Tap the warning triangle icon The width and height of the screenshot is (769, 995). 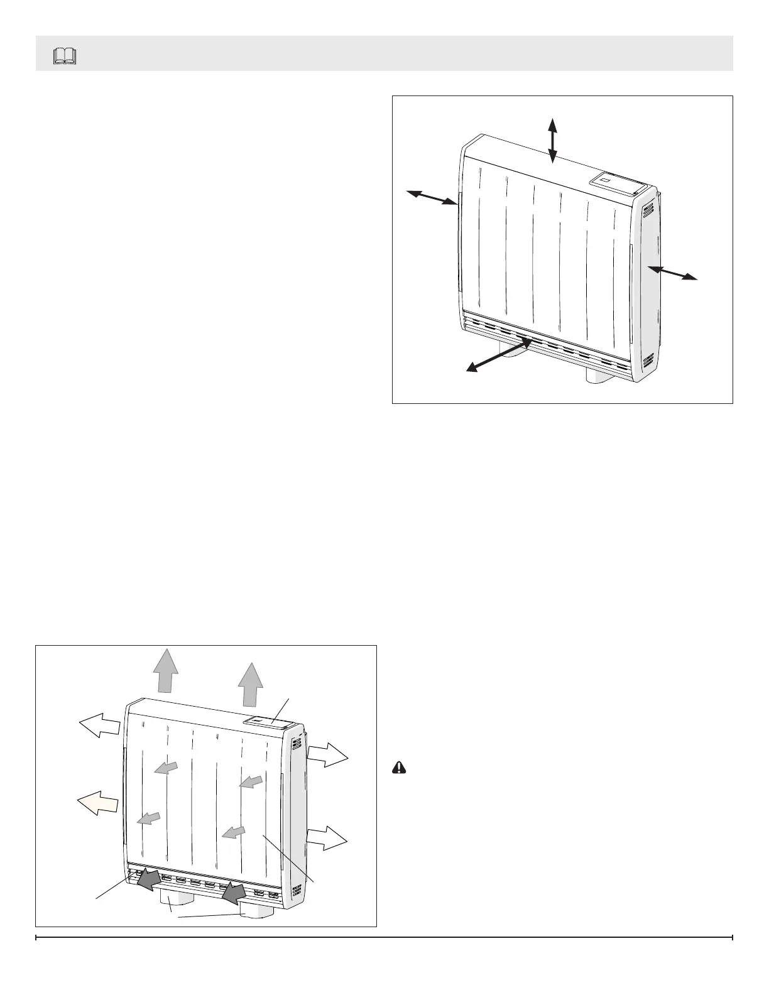tap(400, 767)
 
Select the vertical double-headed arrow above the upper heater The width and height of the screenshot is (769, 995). tap(552, 141)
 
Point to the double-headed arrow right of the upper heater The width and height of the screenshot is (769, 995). tap(673, 273)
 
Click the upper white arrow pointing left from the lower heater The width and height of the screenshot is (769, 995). tap(99, 727)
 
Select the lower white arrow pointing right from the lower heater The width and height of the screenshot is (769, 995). tap(327, 837)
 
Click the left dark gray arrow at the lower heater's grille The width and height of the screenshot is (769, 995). tap(150, 879)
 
